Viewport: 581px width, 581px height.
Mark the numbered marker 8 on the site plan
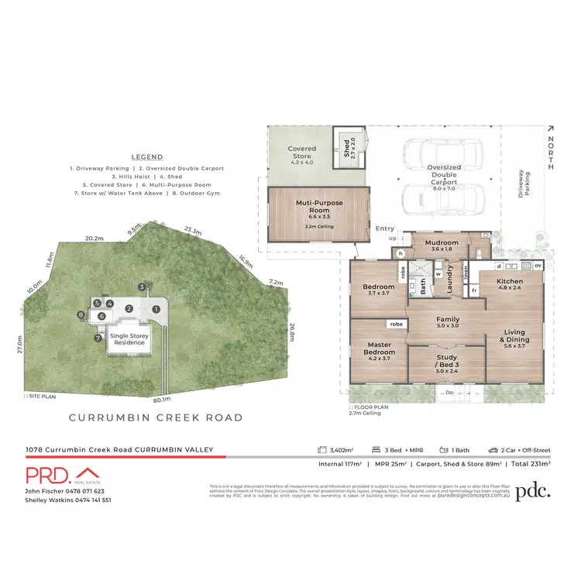[81, 315]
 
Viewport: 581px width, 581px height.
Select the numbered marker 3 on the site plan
[142, 287]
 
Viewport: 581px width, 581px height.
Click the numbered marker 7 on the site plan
[98, 338]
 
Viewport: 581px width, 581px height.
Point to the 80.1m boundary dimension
[162, 401]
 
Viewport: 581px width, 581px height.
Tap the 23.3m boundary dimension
[193, 230]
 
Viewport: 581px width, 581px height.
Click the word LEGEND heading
[146, 156]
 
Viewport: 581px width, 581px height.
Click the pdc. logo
[533, 490]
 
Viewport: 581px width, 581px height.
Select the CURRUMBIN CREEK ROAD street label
[156, 418]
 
